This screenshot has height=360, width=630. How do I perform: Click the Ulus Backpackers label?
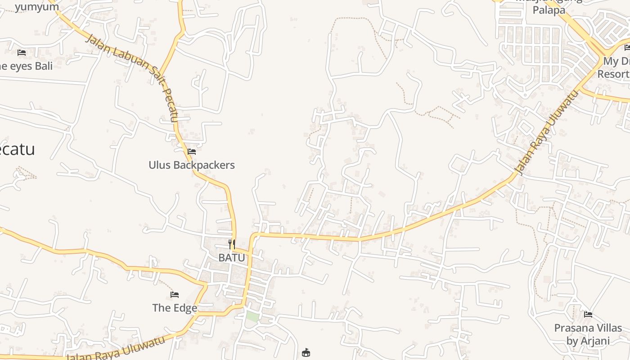(x=192, y=165)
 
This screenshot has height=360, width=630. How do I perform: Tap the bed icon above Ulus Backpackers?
(x=192, y=152)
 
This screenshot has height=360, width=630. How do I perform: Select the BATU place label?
(x=232, y=258)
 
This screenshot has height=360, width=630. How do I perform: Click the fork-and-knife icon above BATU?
(x=232, y=244)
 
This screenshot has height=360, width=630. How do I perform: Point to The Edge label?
(x=175, y=308)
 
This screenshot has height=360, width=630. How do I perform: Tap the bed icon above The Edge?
(x=175, y=295)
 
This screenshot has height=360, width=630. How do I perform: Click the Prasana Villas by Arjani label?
(x=588, y=334)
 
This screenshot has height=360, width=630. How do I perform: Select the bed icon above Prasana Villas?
(x=588, y=315)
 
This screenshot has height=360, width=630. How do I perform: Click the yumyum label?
(x=37, y=7)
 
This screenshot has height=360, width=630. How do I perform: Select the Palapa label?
(x=549, y=10)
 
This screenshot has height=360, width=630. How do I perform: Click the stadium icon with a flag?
(x=306, y=352)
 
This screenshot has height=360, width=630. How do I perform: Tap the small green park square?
(x=252, y=316)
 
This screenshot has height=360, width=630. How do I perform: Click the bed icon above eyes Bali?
(x=22, y=53)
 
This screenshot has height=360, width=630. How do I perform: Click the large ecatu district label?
(x=17, y=149)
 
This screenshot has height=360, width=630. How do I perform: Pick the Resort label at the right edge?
(x=613, y=74)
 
